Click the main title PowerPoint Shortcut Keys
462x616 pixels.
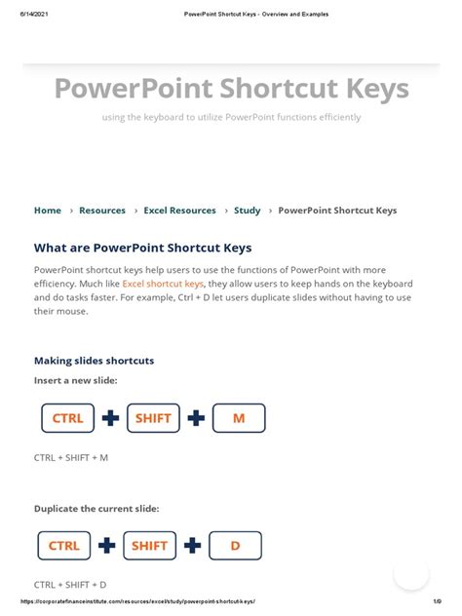pyautogui.click(x=231, y=89)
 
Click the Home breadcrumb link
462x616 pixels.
pyautogui.click(x=48, y=211)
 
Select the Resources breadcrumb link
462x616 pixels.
pyautogui.click(x=102, y=211)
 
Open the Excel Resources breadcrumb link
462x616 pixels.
pyautogui.click(x=179, y=211)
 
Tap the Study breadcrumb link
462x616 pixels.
pyautogui.click(x=247, y=211)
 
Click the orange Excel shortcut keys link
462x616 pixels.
pyautogui.click(x=163, y=283)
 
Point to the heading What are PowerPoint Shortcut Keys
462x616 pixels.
pyautogui.click(x=142, y=248)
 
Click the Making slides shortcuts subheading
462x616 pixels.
pyautogui.click(x=95, y=361)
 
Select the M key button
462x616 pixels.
pyautogui.click(x=239, y=418)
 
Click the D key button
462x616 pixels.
pyautogui.click(x=235, y=546)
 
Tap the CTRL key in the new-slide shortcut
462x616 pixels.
pyautogui.click(x=67, y=418)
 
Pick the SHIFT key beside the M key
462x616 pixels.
pyautogui.click(x=153, y=418)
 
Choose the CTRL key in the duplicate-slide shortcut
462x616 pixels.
pyautogui.click(x=64, y=546)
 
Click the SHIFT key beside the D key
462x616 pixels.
pyautogui.click(x=150, y=546)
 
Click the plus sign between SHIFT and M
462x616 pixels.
pyautogui.click(x=196, y=418)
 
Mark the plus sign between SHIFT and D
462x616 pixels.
pyautogui.click(x=192, y=546)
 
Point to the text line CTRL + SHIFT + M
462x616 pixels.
pyautogui.click(x=71, y=457)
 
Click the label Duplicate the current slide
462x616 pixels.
pyautogui.click(x=96, y=509)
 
